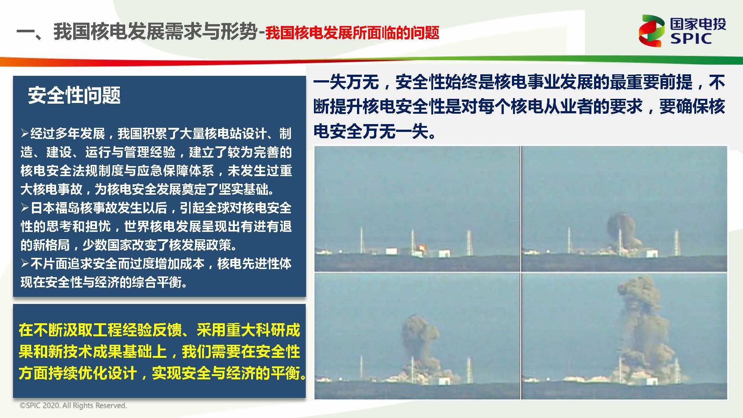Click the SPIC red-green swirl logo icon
tap(651, 31)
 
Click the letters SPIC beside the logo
tap(691, 38)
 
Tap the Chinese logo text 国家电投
tap(698, 24)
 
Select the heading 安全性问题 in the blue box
tap(74, 95)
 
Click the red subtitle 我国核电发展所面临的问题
tap(352, 33)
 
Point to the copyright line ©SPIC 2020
tap(73, 405)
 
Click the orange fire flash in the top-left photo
tap(422, 247)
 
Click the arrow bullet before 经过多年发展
tap(25, 133)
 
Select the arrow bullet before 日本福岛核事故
tap(25, 207)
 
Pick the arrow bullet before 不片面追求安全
tap(25, 263)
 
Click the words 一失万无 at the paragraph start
tap(346, 82)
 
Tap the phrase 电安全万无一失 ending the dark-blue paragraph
tap(371, 131)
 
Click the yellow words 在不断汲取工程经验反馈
tap(100, 330)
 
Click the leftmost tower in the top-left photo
tap(361, 241)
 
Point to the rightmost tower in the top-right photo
tap(677, 243)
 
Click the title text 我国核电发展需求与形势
tap(156, 31)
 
